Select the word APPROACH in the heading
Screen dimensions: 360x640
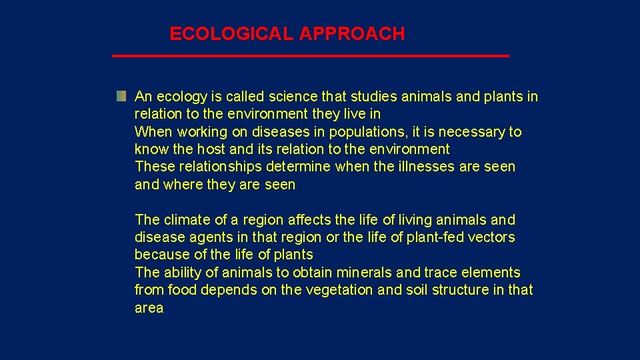(x=351, y=34)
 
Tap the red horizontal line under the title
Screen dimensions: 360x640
(x=310, y=56)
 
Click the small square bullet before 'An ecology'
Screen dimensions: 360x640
(x=121, y=97)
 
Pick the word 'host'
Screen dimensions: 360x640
(x=208, y=149)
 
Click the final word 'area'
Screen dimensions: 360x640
(x=149, y=308)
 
